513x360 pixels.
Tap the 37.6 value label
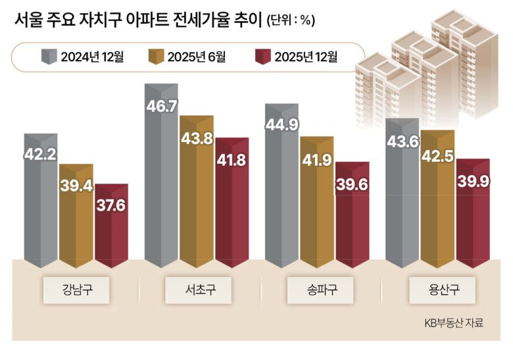(110, 206)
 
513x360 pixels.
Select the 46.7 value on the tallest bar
(162, 106)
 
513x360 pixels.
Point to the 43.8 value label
(197, 140)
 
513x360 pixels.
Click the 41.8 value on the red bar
(232, 161)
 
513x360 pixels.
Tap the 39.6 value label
(353, 185)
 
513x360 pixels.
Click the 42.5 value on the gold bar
(437, 157)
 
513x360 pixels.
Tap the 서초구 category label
(197, 289)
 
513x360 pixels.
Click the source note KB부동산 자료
(453, 322)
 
